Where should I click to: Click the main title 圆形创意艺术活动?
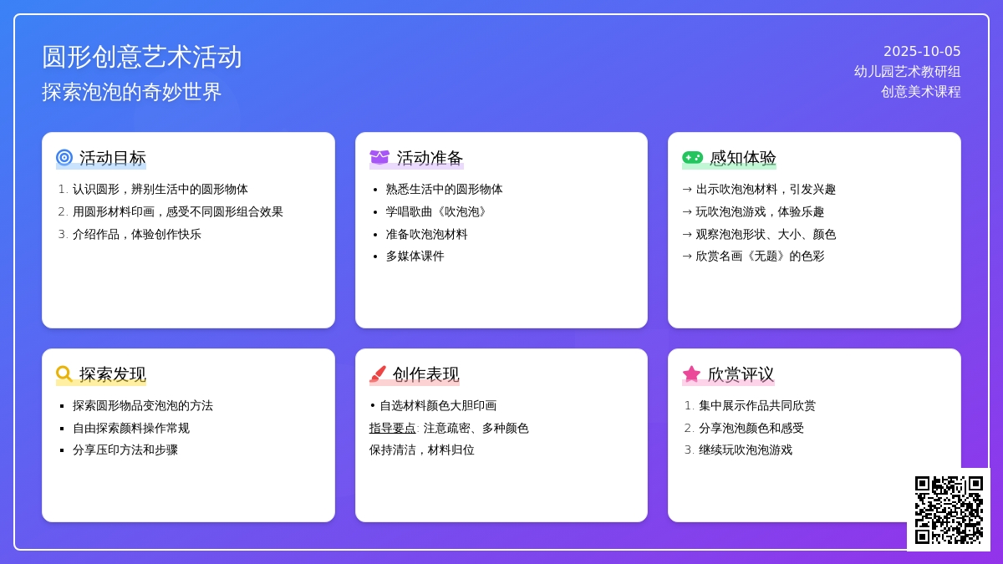click(x=142, y=58)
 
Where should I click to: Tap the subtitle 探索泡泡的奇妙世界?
click(x=132, y=92)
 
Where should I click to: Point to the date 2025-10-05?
click(x=922, y=52)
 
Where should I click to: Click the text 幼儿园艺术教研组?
click(x=907, y=72)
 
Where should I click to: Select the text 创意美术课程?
click(x=920, y=92)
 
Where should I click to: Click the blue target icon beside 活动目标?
click(x=64, y=158)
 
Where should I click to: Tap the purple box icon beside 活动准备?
click(x=379, y=158)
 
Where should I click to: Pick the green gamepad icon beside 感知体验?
click(x=692, y=158)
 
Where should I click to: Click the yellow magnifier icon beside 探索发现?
click(x=64, y=373)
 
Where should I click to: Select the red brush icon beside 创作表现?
click(x=378, y=373)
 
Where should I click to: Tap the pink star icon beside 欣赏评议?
click(x=691, y=373)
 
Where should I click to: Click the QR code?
click(x=949, y=510)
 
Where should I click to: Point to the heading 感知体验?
click(x=742, y=158)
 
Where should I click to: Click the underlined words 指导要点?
click(x=392, y=429)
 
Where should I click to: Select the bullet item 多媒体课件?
click(x=415, y=257)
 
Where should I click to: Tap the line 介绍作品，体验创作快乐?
click(x=136, y=235)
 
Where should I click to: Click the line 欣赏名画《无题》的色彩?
click(x=760, y=257)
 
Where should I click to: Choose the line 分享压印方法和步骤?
click(x=125, y=450)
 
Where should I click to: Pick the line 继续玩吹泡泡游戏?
click(x=746, y=450)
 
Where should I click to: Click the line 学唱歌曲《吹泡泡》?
click(x=436, y=212)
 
